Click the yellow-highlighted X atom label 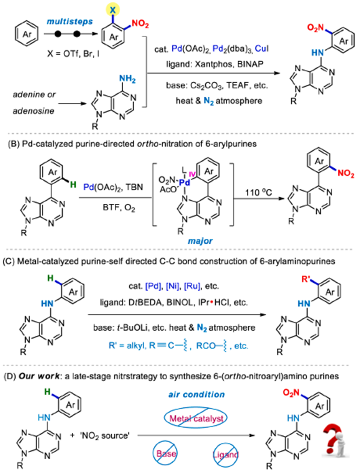(113, 10)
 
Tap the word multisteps (69, 21)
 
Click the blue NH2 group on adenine (127, 79)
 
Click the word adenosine (33, 111)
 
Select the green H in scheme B (73, 185)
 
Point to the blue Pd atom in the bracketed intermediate (185, 183)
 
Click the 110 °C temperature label (258, 192)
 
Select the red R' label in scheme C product (306, 279)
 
